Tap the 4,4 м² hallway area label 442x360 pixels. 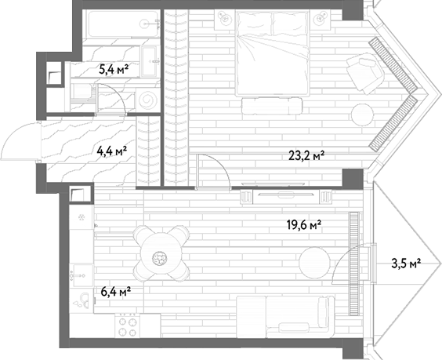point(111,151)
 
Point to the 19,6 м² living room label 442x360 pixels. point(304,225)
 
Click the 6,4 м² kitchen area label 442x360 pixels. point(115,292)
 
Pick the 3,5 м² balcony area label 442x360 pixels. point(406,264)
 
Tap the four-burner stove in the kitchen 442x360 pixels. point(127,326)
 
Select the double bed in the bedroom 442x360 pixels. point(273,53)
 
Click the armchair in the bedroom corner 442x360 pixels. point(365,73)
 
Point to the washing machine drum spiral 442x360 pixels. point(147,100)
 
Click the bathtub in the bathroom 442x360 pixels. point(122,24)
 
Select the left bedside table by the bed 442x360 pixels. point(225,20)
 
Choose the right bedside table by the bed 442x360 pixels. point(321,20)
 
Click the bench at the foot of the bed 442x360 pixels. point(272,106)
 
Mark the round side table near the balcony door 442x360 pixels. point(314,262)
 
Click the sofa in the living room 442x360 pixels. point(285,317)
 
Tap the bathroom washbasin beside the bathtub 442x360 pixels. point(149,61)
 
